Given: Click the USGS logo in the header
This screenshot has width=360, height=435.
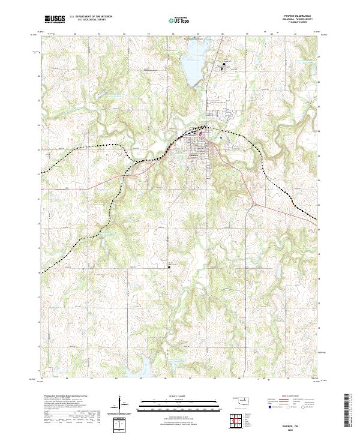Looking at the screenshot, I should pos(55,20).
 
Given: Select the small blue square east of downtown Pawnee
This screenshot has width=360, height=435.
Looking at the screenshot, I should pos(221,138).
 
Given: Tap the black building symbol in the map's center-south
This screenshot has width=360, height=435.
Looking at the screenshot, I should pos(169,268).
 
